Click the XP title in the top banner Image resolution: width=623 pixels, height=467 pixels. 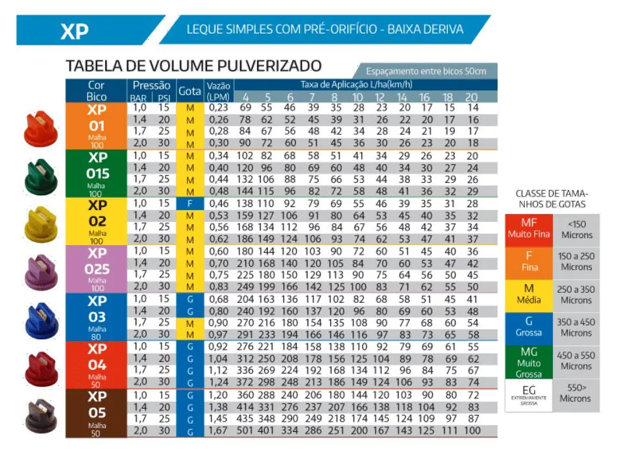pyautogui.click(x=74, y=30)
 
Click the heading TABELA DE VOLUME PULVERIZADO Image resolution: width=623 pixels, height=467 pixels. pyautogui.click(x=193, y=66)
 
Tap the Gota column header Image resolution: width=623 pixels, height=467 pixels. pyautogui.click(x=189, y=91)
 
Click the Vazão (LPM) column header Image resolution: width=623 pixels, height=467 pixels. pyautogui.click(x=219, y=91)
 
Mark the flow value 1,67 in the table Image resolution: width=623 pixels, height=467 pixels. pyautogui.click(x=219, y=431)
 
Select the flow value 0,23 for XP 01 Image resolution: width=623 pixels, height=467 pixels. pyautogui.click(x=219, y=108)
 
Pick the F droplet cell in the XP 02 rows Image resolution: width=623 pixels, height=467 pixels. pyautogui.click(x=189, y=204)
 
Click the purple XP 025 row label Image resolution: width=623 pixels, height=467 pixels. pyautogui.click(x=97, y=269)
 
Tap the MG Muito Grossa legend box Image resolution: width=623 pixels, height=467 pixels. pyautogui.click(x=529, y=361)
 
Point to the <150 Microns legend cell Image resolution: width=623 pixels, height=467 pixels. pyautogui.click(x=576, y=230)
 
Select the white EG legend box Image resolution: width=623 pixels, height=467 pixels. pyautogui.click(x=529, y=394)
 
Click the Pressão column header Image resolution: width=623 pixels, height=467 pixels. pyautogui.click(x=151, y=86)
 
